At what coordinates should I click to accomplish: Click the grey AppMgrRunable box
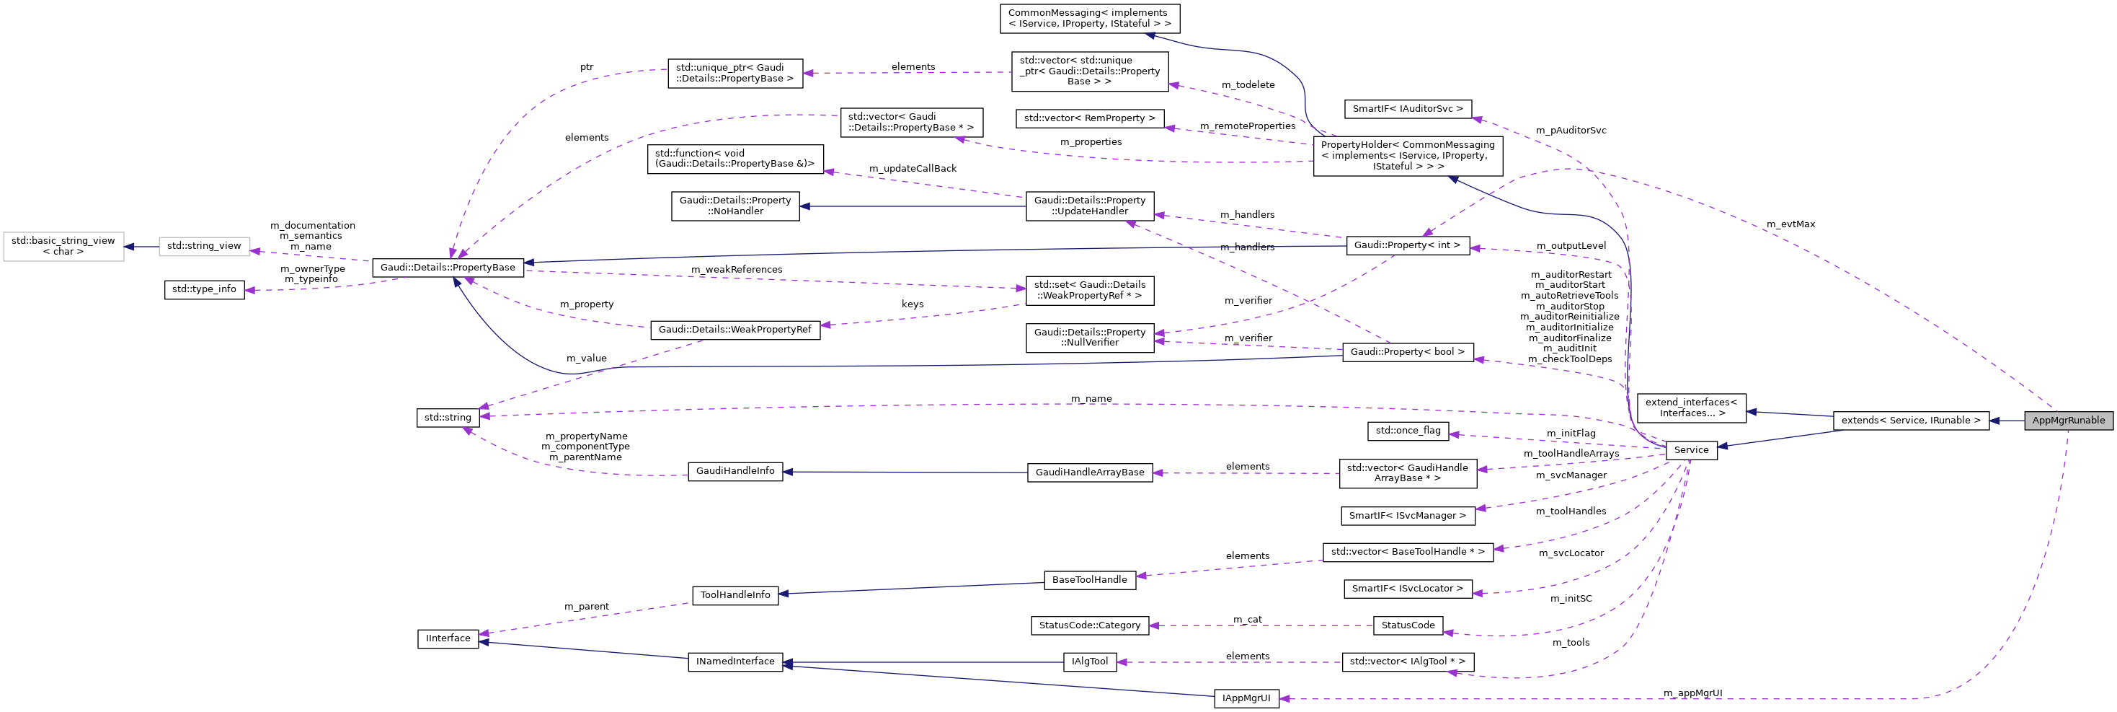pyautogui.click(x=2068, y=420)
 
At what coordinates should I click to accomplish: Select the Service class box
pyautogui.click(x=1690, y=449)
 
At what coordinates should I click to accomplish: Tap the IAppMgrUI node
pyautogui.click(x=1246, y=698)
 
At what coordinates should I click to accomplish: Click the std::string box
pyautogui.click(x=447, y=418)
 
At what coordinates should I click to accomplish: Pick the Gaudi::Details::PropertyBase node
pyautogui.click(x=447, y=267)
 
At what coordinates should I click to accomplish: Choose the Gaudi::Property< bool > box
pyautogui.click(x=1407, y=352)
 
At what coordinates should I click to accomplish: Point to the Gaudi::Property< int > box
pyautogui.click(x=1407, y=245)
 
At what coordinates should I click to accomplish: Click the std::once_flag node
pyautogui.click(x=1407, y=430)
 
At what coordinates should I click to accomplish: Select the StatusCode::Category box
pyautogui.click(x=1089, y=625)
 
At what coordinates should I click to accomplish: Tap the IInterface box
pyautogui.click(x=447, y=638)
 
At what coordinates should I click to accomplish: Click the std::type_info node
pyautogui.click(x=204, y=289)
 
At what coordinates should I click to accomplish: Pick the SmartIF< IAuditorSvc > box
pyautogui.click(x=1407, y=108)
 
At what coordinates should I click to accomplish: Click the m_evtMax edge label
pyautogui.click(x=1790, y=224)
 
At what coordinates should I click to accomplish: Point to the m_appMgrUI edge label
pyautogui.click(x=1692, y=693)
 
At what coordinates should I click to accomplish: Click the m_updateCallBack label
pyautogui.click(x=913, y=169)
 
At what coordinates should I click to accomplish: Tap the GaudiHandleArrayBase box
pyautogui.click(x=1089, y=473)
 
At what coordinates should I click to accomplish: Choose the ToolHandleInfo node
pyautogui.click(x=734, y=595)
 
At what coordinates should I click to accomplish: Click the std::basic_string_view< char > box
pyautogui.click(x=63, y=246)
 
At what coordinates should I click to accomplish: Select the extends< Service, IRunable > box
pyautogui.click(x=1910, y=420)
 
